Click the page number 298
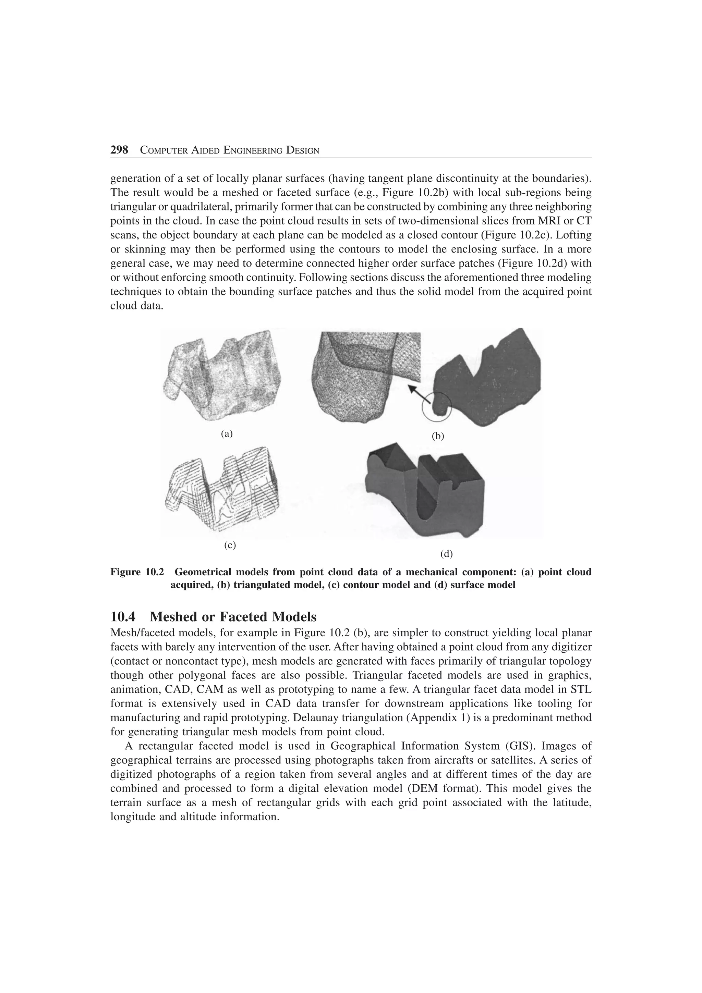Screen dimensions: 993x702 click(x=119, y=150)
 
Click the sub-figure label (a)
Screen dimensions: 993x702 click(x=227, y=433)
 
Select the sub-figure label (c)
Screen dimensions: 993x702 click(x=230, y=545)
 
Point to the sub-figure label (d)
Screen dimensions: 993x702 click(x=446, y=554)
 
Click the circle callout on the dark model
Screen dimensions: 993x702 click(x=437, y=406)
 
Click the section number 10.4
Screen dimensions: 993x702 click(x=126, y=616)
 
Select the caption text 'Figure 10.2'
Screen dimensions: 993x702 click(x=137, y=572)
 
